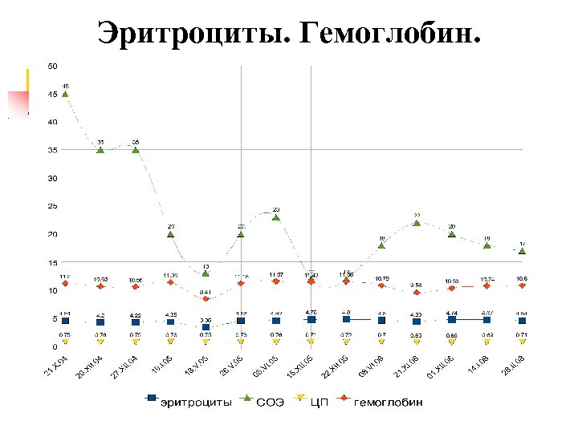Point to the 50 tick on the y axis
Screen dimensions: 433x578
tap(52, 66)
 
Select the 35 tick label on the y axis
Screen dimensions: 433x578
tap(52, 150)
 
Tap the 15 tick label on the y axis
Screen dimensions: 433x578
tap(52, 262)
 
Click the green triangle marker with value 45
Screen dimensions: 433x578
tap(65, 94)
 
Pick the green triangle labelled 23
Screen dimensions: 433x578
tap(276, 217)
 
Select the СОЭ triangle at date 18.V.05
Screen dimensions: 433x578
tap(206, 273)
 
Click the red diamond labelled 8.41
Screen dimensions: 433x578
tap(206, 299)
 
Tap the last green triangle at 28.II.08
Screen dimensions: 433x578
tap(522, 251)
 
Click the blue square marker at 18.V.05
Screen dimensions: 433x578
tap(206, 327)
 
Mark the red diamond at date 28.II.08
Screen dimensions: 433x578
tap(522, 285)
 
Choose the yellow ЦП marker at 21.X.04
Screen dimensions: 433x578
tap(65, 342)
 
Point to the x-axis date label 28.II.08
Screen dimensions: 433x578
tap(514, 370)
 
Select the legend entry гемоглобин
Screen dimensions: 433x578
tap(389, 402)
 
